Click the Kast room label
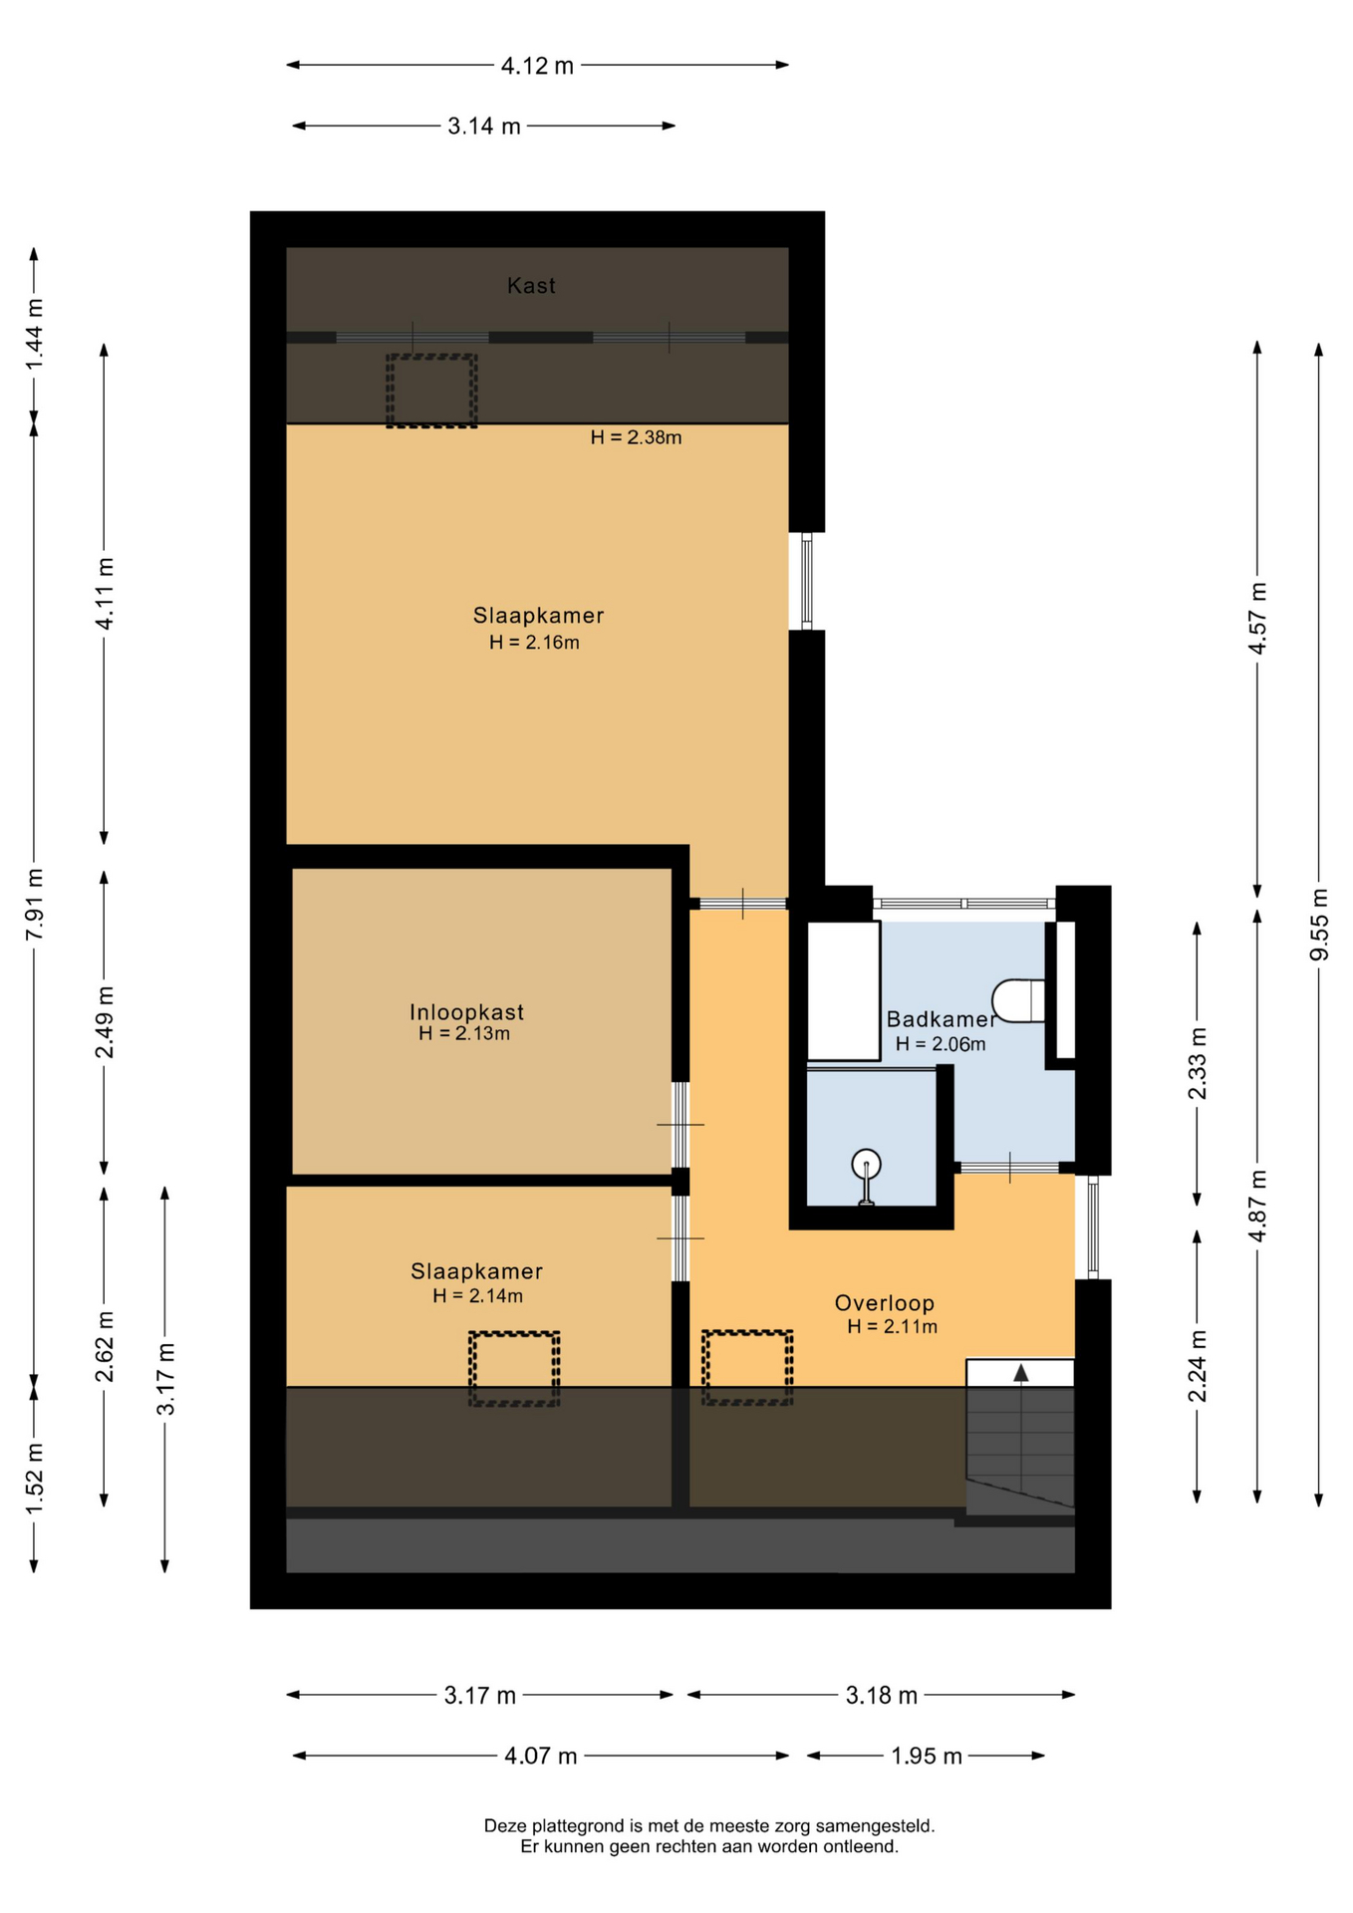(531, 286)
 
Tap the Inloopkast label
(466, 1012)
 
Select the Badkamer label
(941, 1019)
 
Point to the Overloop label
(885, 1303)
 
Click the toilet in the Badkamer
(1018, 1000)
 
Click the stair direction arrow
(1021, 1373)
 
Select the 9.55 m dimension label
(1319, 925)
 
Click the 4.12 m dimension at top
(537, 66)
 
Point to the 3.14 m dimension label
(484, 127)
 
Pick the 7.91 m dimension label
(34, 904)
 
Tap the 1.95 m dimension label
(927, 1756)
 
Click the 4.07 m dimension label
(541, 1756)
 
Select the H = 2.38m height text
(636, 437)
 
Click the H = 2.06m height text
(941, 1044)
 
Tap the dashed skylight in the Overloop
(747, 1368)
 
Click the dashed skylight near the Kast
(431, 391)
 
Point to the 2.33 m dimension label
(1197, 1063)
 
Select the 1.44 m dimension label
(34, 334)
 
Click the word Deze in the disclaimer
(504, 1826)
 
